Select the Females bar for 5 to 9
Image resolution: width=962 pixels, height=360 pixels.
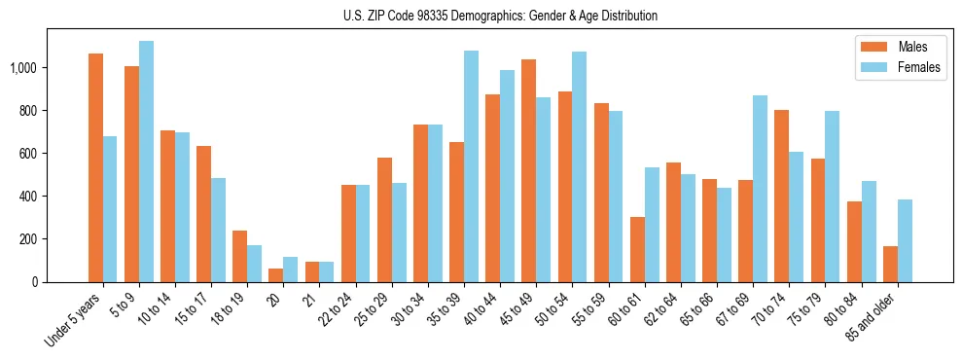[146, 162]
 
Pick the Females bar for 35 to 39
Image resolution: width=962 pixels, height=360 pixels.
[471, 166]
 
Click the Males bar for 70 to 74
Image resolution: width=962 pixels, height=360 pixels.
[781, 196]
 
